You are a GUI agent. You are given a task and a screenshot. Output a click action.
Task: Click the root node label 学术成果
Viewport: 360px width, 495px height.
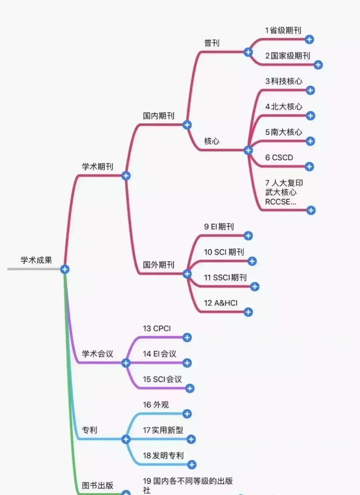[x=36, y=260]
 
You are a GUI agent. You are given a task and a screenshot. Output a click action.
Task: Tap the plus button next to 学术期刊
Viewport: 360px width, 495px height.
[x=126, y=176]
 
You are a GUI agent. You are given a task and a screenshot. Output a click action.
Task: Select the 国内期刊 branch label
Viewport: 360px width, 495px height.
[x=158, y=116]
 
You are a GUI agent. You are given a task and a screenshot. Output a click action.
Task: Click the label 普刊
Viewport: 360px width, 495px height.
[x=212, y=43]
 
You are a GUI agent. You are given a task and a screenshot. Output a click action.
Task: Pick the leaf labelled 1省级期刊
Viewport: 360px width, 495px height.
[x=283, y=30]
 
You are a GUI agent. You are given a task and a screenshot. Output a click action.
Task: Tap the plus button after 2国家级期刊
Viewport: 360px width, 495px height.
[x=318, y=65]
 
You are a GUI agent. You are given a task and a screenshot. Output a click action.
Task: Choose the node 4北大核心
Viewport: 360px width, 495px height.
[x=284, y=107]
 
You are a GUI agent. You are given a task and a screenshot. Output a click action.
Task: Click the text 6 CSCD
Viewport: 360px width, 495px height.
[x=279, y=158]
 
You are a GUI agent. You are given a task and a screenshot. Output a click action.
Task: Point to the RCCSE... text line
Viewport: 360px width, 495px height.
[x=280, y=202]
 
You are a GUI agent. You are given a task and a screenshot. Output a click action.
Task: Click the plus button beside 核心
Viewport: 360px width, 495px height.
[x=248, y=150]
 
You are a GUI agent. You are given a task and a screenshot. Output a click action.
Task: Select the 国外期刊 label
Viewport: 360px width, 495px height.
[x=158, y=265]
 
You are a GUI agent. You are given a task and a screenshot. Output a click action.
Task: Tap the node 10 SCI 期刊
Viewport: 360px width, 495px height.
[x=224, y=252]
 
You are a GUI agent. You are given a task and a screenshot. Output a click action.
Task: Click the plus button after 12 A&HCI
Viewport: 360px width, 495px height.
[x=248, y=312]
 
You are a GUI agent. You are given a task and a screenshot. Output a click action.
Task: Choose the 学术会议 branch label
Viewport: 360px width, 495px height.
[x=98, y=354]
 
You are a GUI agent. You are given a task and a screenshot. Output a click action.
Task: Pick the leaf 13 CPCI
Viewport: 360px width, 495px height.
[x=157, y=328]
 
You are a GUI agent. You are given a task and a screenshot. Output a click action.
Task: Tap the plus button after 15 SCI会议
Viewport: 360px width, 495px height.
[x=190, y=388]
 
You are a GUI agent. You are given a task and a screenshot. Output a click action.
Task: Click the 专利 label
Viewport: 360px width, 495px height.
[x=89, y=430]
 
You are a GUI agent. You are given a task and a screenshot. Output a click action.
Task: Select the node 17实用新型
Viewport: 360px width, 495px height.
[x=163, y=430]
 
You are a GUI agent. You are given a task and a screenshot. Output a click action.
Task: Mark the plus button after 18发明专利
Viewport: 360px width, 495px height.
[x=192, y=464]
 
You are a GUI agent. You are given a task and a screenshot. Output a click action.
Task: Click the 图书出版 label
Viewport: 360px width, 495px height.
[x=98, y=485]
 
